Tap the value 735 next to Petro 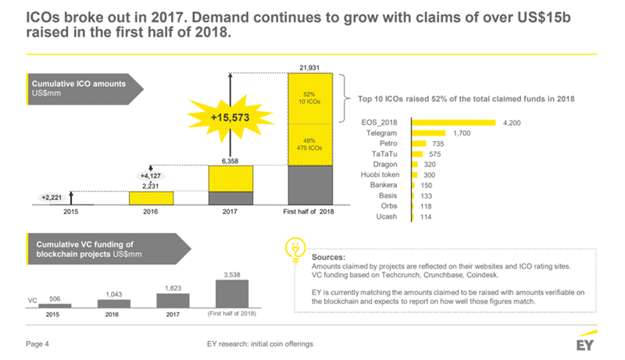pyautogui.click(x=439, y=144)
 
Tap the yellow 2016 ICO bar pyautogui.click(x=151, y=198)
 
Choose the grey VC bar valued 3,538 pyautogui.click(x=231, y=294)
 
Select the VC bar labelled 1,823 pyautogui.click(x=173, y=300)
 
